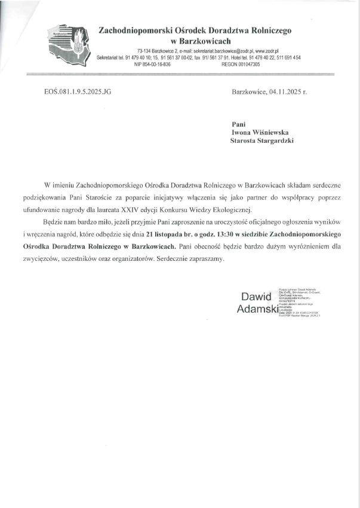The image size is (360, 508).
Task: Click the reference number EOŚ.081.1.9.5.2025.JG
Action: pos(78,93)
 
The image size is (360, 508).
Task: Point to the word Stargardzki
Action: pos(276,141)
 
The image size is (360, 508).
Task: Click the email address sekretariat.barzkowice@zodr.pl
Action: pos(215,52)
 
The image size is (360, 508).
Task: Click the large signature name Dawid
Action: pos(256,297)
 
